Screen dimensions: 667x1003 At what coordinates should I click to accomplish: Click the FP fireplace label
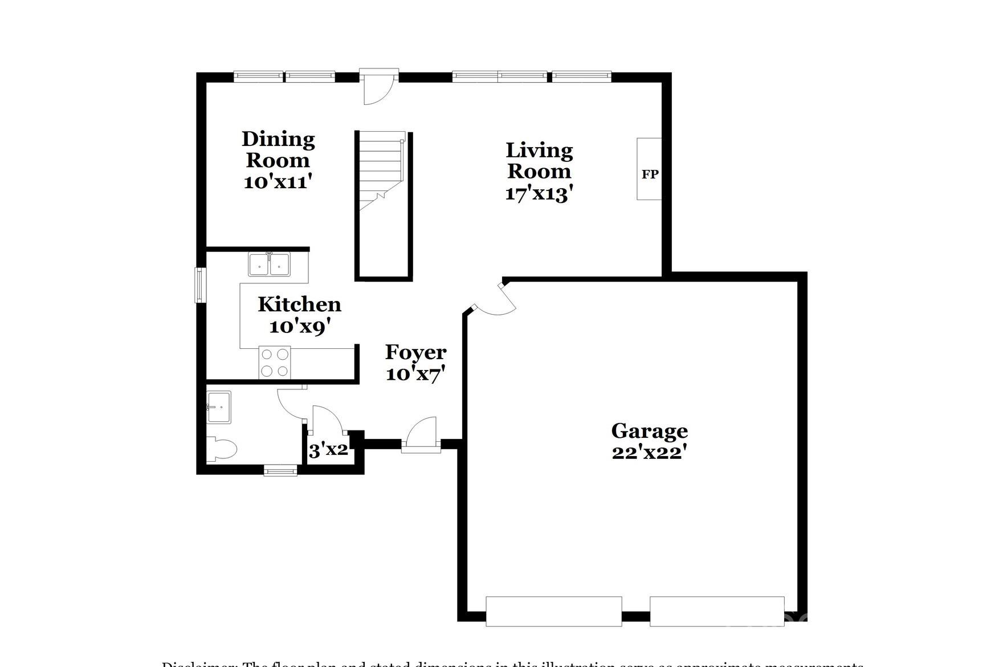(650, 174)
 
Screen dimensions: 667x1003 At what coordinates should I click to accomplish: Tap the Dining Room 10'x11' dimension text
(278, 182)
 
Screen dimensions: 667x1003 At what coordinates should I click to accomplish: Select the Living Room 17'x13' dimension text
(539, 194)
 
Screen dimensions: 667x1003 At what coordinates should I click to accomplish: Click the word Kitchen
(299, 304)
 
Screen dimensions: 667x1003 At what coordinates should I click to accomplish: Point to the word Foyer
(415, 352)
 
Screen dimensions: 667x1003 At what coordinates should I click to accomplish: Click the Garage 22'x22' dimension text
(649, 453)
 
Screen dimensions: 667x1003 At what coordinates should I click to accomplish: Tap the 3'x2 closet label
(328, 450)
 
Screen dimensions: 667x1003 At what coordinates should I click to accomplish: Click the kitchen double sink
(269, 265)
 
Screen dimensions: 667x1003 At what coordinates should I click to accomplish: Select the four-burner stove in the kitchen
(275, 363)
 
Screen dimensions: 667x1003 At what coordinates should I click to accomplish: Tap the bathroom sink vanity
(219, 407)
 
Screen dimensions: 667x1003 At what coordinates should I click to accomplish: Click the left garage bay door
(553, 612)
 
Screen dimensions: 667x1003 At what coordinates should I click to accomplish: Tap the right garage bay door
(717, 612)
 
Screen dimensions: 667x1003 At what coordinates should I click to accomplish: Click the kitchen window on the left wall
(200, 285)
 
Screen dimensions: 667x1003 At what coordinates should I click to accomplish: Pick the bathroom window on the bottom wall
(280, 471)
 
